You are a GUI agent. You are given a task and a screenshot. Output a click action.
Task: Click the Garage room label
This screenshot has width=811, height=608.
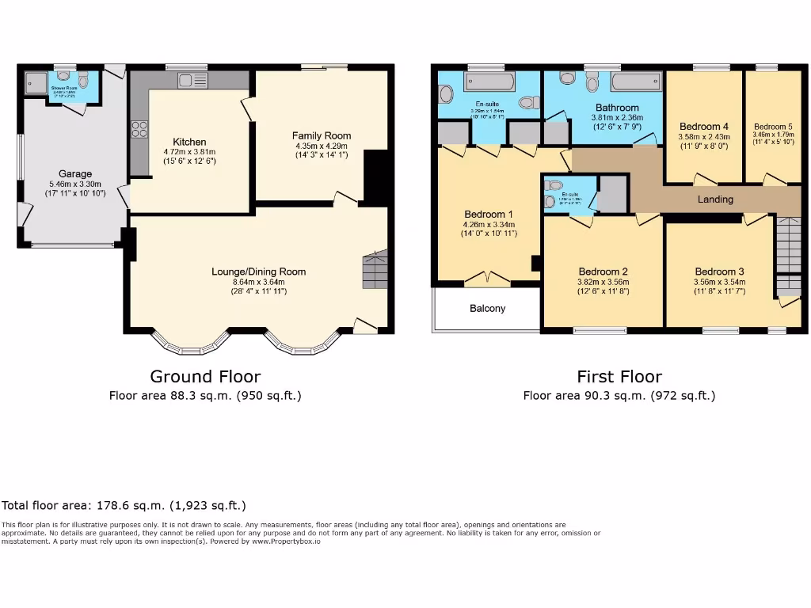(x=75, y=174)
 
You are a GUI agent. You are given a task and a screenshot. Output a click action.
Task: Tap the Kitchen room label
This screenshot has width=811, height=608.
(x=189, y=142)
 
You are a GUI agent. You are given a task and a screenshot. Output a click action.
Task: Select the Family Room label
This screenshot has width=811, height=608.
(x=321, y=135)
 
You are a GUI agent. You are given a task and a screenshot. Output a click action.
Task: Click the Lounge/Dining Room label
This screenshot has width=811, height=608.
(x=258, y=272)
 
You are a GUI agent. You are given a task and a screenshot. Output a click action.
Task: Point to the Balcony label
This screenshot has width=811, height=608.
(x=487, y=308)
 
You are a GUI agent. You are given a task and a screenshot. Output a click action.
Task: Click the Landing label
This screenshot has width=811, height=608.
(x=714, y=199)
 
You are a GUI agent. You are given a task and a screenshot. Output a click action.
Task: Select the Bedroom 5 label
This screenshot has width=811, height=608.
(x=773, y=127)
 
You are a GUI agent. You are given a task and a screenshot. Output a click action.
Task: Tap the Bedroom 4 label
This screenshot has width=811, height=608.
(x=703, y=127)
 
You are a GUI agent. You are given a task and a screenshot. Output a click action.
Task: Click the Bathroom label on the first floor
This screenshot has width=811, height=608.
(x=617, y=108)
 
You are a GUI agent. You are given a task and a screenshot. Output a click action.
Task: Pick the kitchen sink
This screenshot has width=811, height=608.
(x=192, y=80)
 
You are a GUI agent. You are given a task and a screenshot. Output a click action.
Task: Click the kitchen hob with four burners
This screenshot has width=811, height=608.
(x=140, y=128)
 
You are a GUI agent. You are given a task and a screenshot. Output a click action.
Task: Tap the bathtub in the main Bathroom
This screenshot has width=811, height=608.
(x=636, y=82)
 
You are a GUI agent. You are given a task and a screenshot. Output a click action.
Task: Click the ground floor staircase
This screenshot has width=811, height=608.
(x=375, y=271)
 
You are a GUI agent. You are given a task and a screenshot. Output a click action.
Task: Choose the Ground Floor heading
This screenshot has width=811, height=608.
(x=205, y=377)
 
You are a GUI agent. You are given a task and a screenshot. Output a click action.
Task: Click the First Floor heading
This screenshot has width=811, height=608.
(x=619, y=377)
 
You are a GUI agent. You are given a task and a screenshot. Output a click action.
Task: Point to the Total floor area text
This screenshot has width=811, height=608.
(x=124, y=505)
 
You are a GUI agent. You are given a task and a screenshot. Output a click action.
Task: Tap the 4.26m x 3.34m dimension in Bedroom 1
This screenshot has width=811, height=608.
(x=489, y=224)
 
